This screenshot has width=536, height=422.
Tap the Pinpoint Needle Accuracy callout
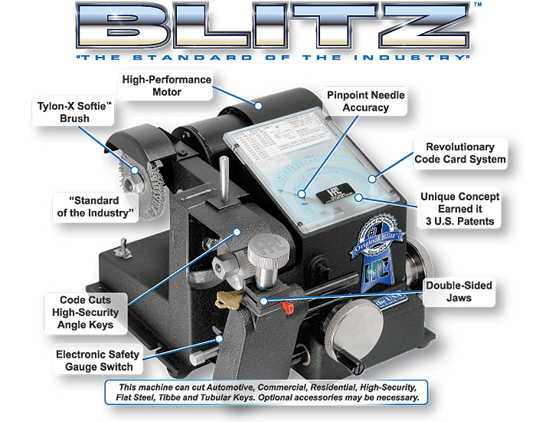[365, 101]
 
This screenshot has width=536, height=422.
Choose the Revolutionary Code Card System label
[460, 153]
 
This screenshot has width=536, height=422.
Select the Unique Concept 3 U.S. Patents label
[457, 209]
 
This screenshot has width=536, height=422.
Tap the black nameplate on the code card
[329, 191]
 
